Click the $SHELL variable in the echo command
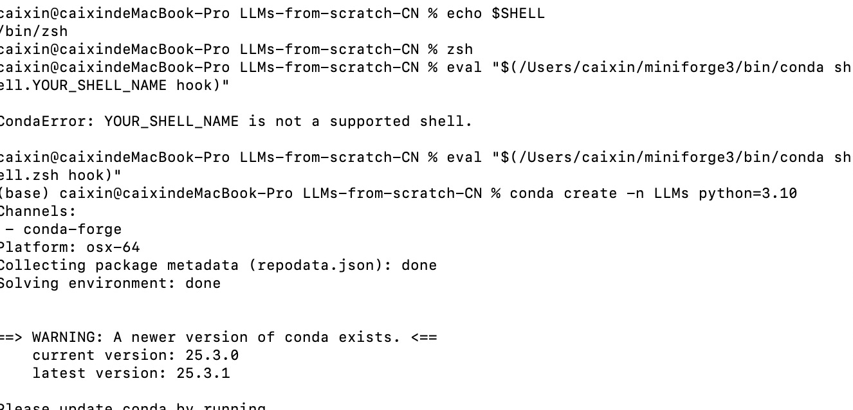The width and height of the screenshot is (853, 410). click(x=518, y=13)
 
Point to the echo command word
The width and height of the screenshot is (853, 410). click(x=464, y=13)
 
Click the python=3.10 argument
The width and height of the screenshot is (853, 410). click(x=748, y=193)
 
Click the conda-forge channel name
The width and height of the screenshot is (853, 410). click(x=72, y=229)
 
